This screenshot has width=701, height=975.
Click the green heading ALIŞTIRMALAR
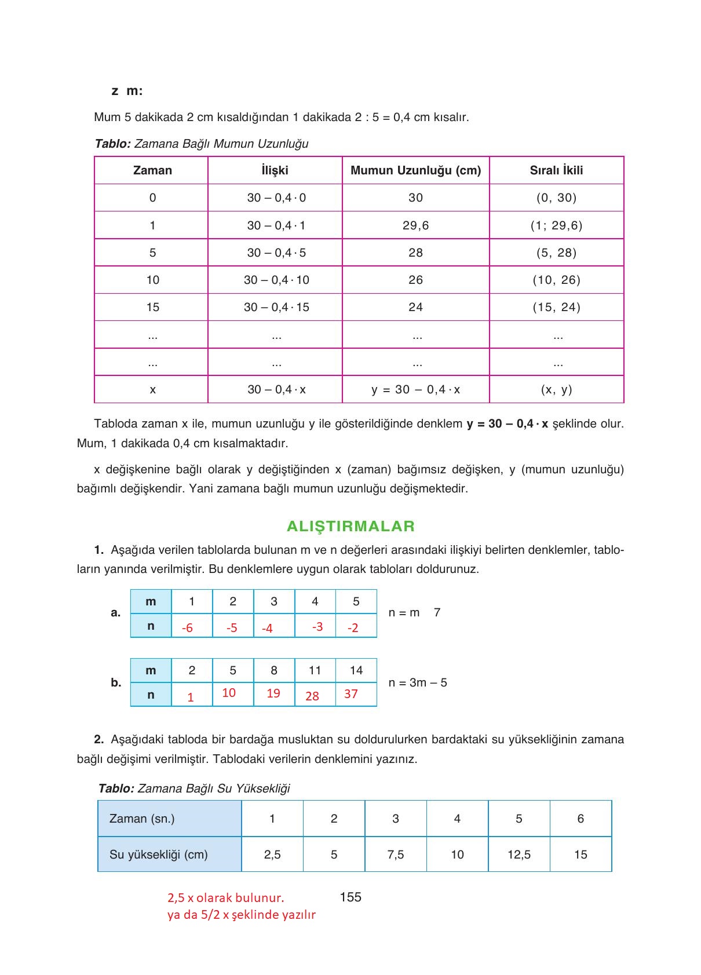coord(350,526)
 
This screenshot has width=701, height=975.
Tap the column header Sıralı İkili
coord(556,170)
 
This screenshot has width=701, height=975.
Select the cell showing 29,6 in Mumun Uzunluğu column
coord(415,225)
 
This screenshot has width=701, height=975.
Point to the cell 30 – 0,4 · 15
coord(276,307)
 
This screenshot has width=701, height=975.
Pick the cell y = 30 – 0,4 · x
coord(415,389)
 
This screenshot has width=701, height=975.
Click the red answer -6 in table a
coord(187,628)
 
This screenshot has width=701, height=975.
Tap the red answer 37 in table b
coord(351,694)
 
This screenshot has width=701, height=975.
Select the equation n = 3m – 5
coord(418,682)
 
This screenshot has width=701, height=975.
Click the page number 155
coord(350,897)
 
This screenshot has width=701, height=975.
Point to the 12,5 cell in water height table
coord(519,855)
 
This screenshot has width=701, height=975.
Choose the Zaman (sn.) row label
coord(142,819)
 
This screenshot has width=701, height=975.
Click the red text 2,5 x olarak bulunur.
coord(225,898)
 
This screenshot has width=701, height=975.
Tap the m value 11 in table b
coord(315,670)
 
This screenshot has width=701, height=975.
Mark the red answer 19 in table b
coord(273,693)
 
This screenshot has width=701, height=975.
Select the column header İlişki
coord(275,170)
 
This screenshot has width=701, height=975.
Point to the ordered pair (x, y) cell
coord(556,389)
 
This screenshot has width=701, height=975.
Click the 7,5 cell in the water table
coord(396,855)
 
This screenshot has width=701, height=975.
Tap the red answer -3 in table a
coord(317,627)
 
